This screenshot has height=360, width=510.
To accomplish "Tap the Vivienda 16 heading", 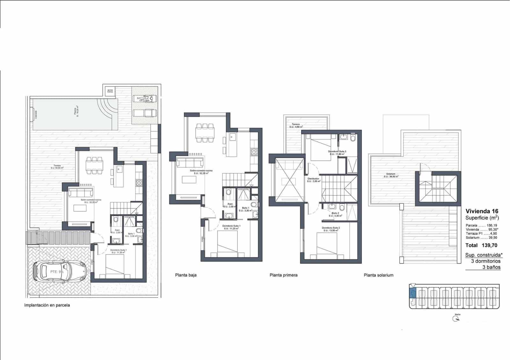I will click(482, 211).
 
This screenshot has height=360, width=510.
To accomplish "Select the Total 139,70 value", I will click(481, 245).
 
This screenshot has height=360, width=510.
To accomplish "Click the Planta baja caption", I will click(186, 275).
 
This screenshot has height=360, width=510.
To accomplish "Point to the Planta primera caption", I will click(283, 275).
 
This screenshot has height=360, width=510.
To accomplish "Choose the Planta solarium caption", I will click(378, 275).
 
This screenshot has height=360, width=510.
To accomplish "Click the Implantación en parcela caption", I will click(47, 305).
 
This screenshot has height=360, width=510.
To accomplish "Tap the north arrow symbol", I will click(456, 319).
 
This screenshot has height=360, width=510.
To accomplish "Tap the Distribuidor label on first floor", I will click(313, 180).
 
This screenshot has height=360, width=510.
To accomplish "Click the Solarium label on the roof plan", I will click(391, 175).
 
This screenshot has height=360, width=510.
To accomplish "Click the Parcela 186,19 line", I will click(481, 225).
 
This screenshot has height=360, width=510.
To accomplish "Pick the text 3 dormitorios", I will click(485, 261).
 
